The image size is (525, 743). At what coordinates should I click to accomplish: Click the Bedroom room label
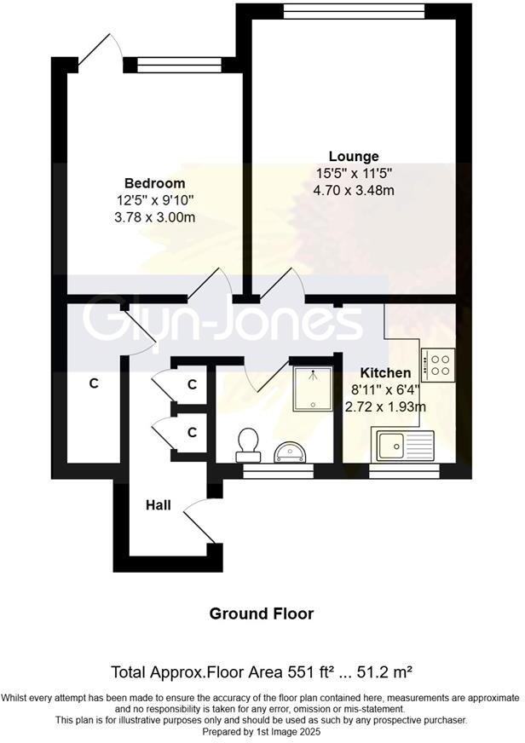click(154, 183)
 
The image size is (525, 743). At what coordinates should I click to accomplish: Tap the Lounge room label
click(354, 157)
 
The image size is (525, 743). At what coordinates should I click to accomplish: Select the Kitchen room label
click(385, 373)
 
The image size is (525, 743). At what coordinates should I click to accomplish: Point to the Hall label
click(159, 505)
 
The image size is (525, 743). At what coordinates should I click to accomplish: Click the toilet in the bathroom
click(249, 442)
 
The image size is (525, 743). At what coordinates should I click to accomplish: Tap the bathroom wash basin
click(292, 451)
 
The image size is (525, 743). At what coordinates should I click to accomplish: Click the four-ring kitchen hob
click(439, 365)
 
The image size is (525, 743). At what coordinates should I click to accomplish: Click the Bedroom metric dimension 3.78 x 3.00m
click(154, 217)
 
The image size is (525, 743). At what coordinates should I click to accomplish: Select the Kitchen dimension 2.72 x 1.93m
click(385, 407)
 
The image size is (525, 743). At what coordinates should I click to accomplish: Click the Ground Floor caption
click(262, 613)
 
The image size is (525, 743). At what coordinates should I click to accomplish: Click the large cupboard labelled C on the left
click(94, 383)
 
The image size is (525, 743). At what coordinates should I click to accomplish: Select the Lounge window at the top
click(355, 10)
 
